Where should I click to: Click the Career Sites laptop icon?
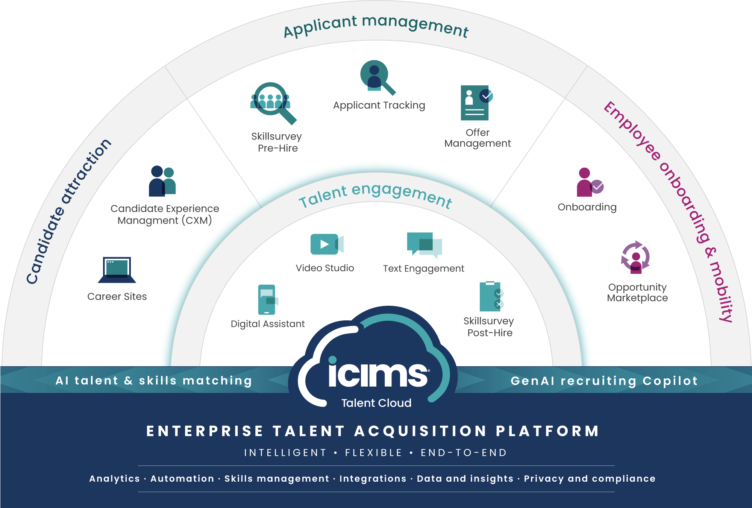click(x=117, y=270)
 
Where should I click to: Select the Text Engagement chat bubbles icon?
click(x=424, y=245)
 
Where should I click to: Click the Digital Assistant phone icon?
click(x=267, y=300)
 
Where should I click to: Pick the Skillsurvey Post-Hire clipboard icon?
click(x=491, y=297)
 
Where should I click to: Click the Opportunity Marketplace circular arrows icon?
click(x=635, y=257)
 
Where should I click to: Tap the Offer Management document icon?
click(x=476, y=103)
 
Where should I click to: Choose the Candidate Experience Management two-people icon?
click(x=162, y=181)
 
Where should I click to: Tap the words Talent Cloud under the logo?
click(x=376, y=403)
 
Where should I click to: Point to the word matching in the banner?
click(x=217, y=381)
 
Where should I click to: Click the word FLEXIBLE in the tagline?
click(x=374, y=453)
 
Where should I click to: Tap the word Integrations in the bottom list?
click(x=373, y=479)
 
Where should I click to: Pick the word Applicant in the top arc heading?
click(x=320, y=26)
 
